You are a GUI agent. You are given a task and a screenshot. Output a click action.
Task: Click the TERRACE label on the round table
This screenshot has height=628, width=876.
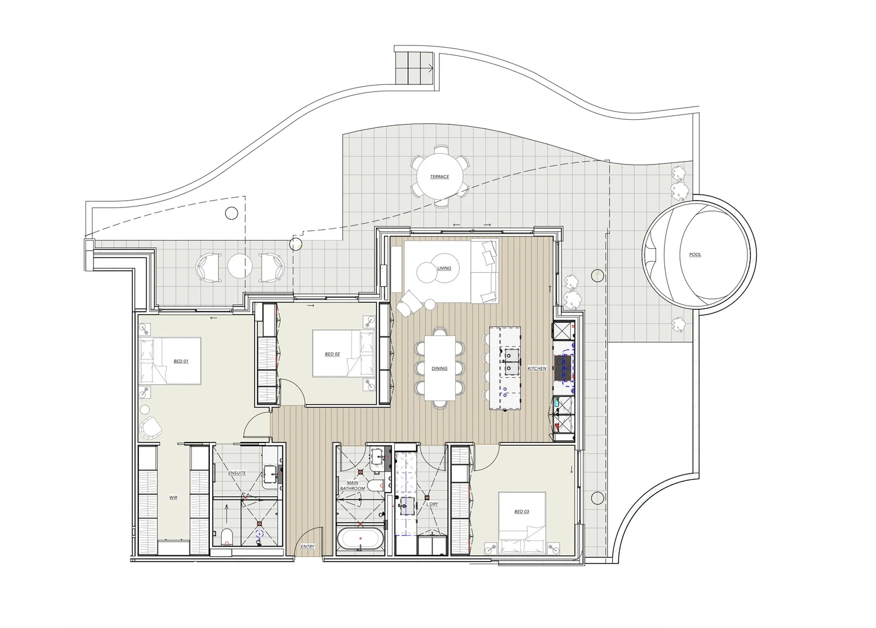[x=439, y=177]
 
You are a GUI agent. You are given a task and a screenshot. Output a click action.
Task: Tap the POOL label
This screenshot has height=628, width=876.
[x=695, y=255]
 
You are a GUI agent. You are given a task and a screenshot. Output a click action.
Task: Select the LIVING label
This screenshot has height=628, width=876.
[x=444, y=268]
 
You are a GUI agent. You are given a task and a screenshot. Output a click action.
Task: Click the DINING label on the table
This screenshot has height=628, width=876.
[x=439, y=369]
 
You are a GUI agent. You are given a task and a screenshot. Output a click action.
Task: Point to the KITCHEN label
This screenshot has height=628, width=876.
[x=537, y=369]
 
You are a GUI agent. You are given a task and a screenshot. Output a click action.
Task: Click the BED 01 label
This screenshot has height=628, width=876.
[x=181, y=361]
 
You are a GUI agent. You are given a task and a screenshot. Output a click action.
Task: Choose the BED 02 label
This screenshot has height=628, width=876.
[x=332, y=354]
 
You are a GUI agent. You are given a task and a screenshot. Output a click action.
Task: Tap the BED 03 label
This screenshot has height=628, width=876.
[x=521, y=512]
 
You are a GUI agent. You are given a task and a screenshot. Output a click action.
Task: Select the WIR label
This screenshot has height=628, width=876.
[x=173, y=498]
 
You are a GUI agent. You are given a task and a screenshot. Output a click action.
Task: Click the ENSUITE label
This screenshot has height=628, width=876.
[x=237, y=473]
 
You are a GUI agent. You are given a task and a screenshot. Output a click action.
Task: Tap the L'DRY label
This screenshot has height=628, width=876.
[x=432, y=504]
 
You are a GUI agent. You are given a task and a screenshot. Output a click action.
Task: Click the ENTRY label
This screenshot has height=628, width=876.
[x=308, y=547]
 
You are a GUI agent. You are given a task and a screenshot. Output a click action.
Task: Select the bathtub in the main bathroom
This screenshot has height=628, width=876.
[x=360, y=538]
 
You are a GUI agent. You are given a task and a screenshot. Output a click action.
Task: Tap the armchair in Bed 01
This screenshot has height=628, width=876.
[x=151, y=428]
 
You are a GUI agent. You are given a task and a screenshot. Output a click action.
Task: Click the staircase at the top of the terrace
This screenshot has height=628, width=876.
[x=414, y=67]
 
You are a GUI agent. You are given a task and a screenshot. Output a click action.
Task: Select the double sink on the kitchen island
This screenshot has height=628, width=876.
[x=511, y=361]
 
